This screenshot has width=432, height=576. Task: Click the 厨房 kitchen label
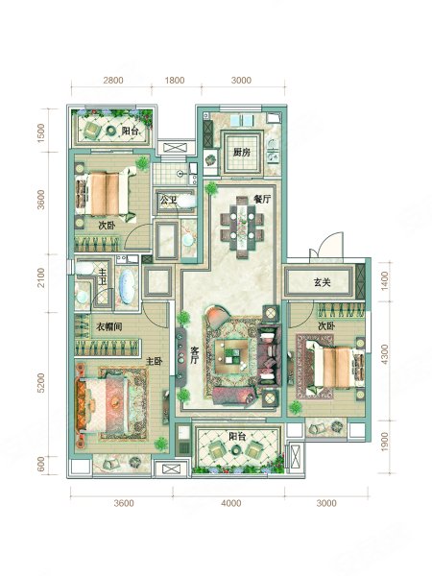point(241,152)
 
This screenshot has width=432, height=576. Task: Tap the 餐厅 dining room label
point(262,199)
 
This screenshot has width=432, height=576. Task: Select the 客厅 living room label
point(194,355)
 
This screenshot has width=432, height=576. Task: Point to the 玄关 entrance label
point(323,282)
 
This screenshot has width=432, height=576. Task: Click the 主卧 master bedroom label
point(155,362)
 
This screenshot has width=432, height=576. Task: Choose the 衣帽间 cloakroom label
point(109,326)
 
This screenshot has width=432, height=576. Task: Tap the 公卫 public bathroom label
point(168,201)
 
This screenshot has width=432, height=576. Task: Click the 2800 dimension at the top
point(112,80)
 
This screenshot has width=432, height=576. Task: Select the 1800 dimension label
point(174,80)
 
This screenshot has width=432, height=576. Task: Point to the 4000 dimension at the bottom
point(231,503)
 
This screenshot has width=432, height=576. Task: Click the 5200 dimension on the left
point(40,383)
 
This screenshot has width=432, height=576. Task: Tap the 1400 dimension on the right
point(385,281)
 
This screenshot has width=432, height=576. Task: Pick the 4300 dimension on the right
point(385,354)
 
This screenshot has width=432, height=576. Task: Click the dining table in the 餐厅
point(242,228)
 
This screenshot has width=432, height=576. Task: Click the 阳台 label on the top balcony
point(130,131)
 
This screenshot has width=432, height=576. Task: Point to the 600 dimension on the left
point(40,465)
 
